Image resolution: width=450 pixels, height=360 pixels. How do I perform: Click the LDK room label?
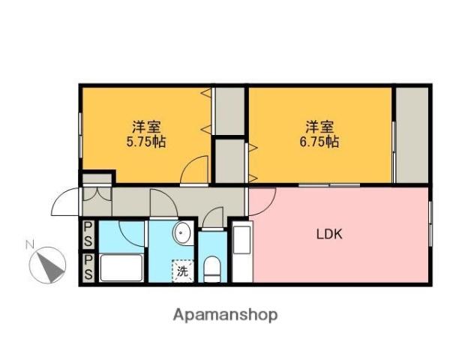[328, 233]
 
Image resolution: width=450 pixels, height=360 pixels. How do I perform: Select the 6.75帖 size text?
[319, 141]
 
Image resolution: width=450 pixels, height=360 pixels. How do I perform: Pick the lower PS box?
[88, 266]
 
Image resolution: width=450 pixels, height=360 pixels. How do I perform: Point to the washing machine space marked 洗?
[182, 271]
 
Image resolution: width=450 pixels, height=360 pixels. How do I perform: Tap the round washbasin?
[184, 235]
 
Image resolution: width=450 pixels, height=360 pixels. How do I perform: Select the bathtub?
[121, 268]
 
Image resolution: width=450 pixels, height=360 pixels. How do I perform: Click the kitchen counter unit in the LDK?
[241, 250]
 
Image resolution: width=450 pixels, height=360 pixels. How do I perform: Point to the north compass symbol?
[46, 265]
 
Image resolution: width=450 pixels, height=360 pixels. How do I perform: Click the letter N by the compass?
[30, 244]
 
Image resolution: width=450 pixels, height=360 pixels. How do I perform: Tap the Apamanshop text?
[225, 315]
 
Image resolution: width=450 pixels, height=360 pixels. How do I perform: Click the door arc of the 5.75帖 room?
[196, 171]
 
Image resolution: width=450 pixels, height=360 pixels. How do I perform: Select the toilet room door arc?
[213, 217]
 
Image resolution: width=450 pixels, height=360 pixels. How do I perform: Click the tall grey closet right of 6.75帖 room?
[412, 135]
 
